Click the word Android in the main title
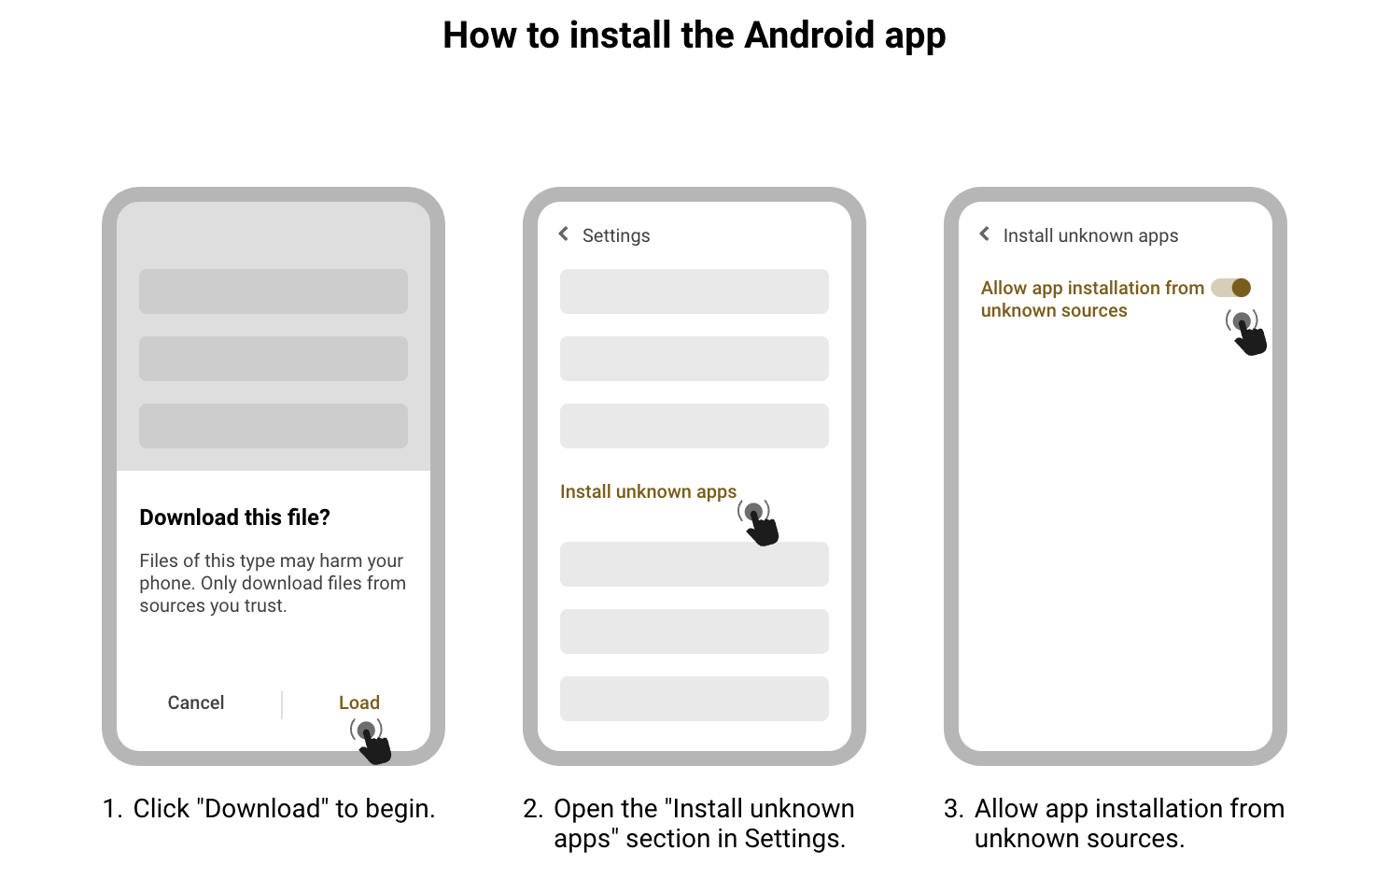(x=809, y=35)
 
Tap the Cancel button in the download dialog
(x=196, y=702)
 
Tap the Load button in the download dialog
(x=358, y=702)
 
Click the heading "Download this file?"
(x=234, y=517)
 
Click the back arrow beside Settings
(x=563, y=234)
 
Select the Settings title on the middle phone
(x=615, y=235)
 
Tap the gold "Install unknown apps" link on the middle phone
(x=648, y=491)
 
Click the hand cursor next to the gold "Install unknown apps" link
(x=761, y=525)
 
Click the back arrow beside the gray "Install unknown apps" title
(x=984, y=234)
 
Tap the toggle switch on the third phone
(x=1230, y=288)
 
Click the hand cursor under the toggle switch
(x=1248, y=335)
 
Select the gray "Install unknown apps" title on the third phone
(x=1090, y=235)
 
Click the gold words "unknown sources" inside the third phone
(x=1054, y=311)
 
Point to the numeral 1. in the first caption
(x=112, y=809)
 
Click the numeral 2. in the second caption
(x=533, y=809)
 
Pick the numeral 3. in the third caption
(x=953, y=809)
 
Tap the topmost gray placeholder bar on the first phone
(x=273, y=291)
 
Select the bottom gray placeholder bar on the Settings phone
(x=694, y=699)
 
